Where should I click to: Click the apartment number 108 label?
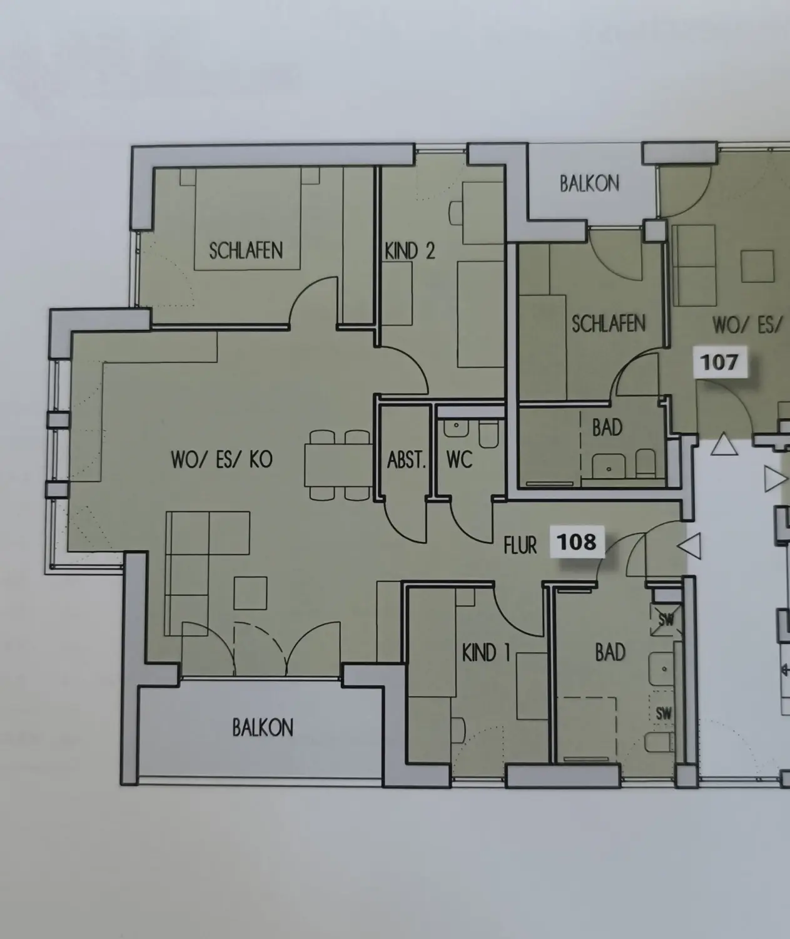(577, 542)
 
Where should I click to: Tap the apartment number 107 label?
(719, 362)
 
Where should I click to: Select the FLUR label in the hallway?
(520, 545)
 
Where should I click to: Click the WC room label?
(459, 459)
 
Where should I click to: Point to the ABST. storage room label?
(406, 460)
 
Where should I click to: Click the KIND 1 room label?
(486, 652)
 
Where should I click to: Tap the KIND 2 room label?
(410, 250)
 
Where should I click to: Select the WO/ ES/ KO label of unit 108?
(221, 459)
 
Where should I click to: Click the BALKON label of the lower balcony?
(263, 727)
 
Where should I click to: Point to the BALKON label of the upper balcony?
(590, 183)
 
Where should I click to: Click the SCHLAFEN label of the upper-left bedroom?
(246, 250)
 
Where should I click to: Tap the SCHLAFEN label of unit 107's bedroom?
(609, 324)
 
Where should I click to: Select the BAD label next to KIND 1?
(610, 652)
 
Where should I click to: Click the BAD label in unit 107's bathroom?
(607, 427)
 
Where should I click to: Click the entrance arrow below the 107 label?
(724, 444)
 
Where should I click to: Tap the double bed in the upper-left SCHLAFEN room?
(247, 219)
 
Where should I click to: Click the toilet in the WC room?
(488, 434)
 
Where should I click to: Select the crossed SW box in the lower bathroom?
(666, 620)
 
